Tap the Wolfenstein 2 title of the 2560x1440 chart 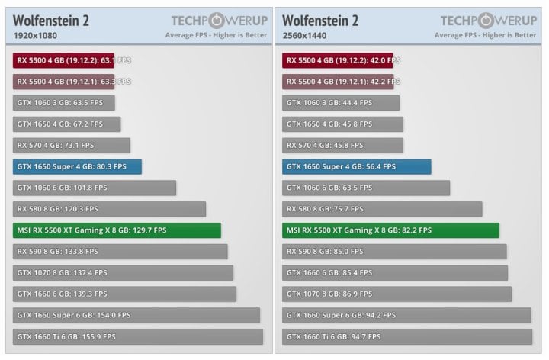[x=320, y=20]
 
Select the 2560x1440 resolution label [x=306, y=35]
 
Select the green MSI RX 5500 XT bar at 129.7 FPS [x=117, y=230]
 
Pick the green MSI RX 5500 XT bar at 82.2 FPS [x=390, y=230]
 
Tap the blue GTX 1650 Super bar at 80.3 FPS [x=77, y=166]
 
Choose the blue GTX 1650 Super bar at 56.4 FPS [x=356, y=166]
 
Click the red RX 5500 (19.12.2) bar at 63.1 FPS [x=63, y=60]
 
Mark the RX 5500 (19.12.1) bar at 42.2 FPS [x=337, y=82]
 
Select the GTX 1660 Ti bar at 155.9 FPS [x=137, y=336]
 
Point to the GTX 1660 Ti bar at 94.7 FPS [x=406, y=336]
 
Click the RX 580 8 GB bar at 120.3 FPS [x=109, y=209]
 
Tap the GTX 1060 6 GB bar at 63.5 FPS [x=365, y=188]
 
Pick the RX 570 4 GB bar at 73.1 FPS [x=72, y=145]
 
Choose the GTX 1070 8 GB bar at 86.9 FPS [x=396, y=294]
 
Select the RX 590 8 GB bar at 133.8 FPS [x=120, y=252]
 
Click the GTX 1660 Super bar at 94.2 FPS [x=406, y=315]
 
